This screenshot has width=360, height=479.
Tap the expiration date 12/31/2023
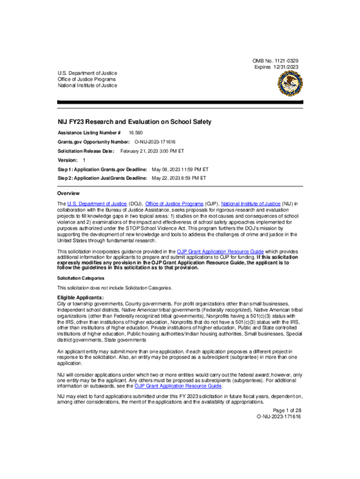[x=285, y=67]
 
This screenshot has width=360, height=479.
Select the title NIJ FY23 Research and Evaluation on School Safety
[x=134, y=122]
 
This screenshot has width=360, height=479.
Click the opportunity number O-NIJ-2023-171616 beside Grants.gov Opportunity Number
[x=155, y=142]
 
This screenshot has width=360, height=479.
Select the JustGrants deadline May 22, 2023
[x=179, y=178]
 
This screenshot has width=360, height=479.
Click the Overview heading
[x=68, y=193]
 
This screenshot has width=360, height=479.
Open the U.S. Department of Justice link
[x=97, y=204]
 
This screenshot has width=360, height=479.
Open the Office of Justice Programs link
[x=175, y=204]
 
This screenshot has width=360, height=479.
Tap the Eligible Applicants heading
[x=80, y=298]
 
